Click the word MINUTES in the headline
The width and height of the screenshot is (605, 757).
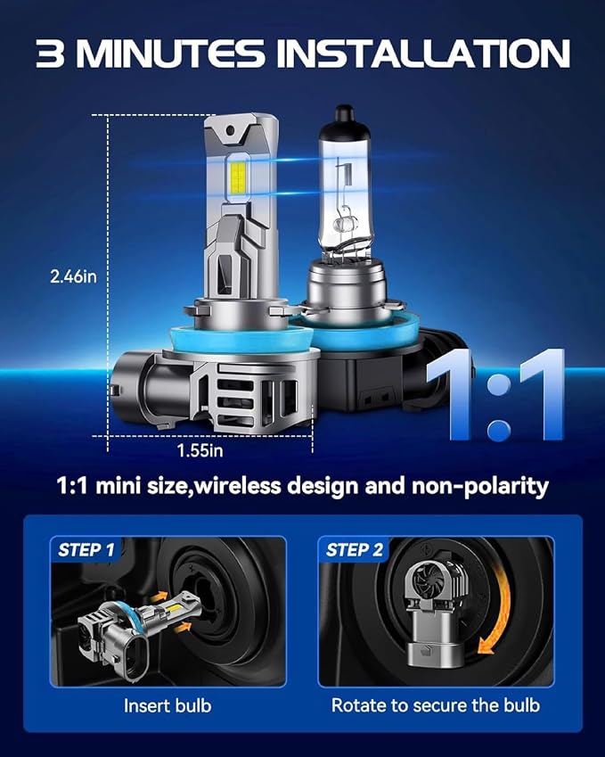coord(170,53)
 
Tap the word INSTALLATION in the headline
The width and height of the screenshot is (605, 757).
coord(423,53)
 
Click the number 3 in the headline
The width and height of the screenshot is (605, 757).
coord(50,53)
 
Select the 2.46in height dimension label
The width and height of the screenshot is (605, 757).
coord(73,276)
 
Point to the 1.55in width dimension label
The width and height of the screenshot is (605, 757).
coord(200,450)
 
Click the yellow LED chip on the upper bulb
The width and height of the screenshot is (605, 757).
coord(238,178)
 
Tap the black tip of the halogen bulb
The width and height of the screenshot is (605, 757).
coord(345,113)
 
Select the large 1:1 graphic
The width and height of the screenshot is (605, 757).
coord(497,396)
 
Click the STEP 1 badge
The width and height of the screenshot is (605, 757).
coord(86,550)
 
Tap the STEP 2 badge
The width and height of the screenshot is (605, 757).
coord(354,550)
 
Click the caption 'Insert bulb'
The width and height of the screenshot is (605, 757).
coord(168,706)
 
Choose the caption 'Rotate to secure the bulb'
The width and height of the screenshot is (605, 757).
coord(435,705)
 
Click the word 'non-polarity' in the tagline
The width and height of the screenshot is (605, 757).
coord(480,486)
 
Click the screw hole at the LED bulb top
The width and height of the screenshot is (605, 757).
coord(230,131)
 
